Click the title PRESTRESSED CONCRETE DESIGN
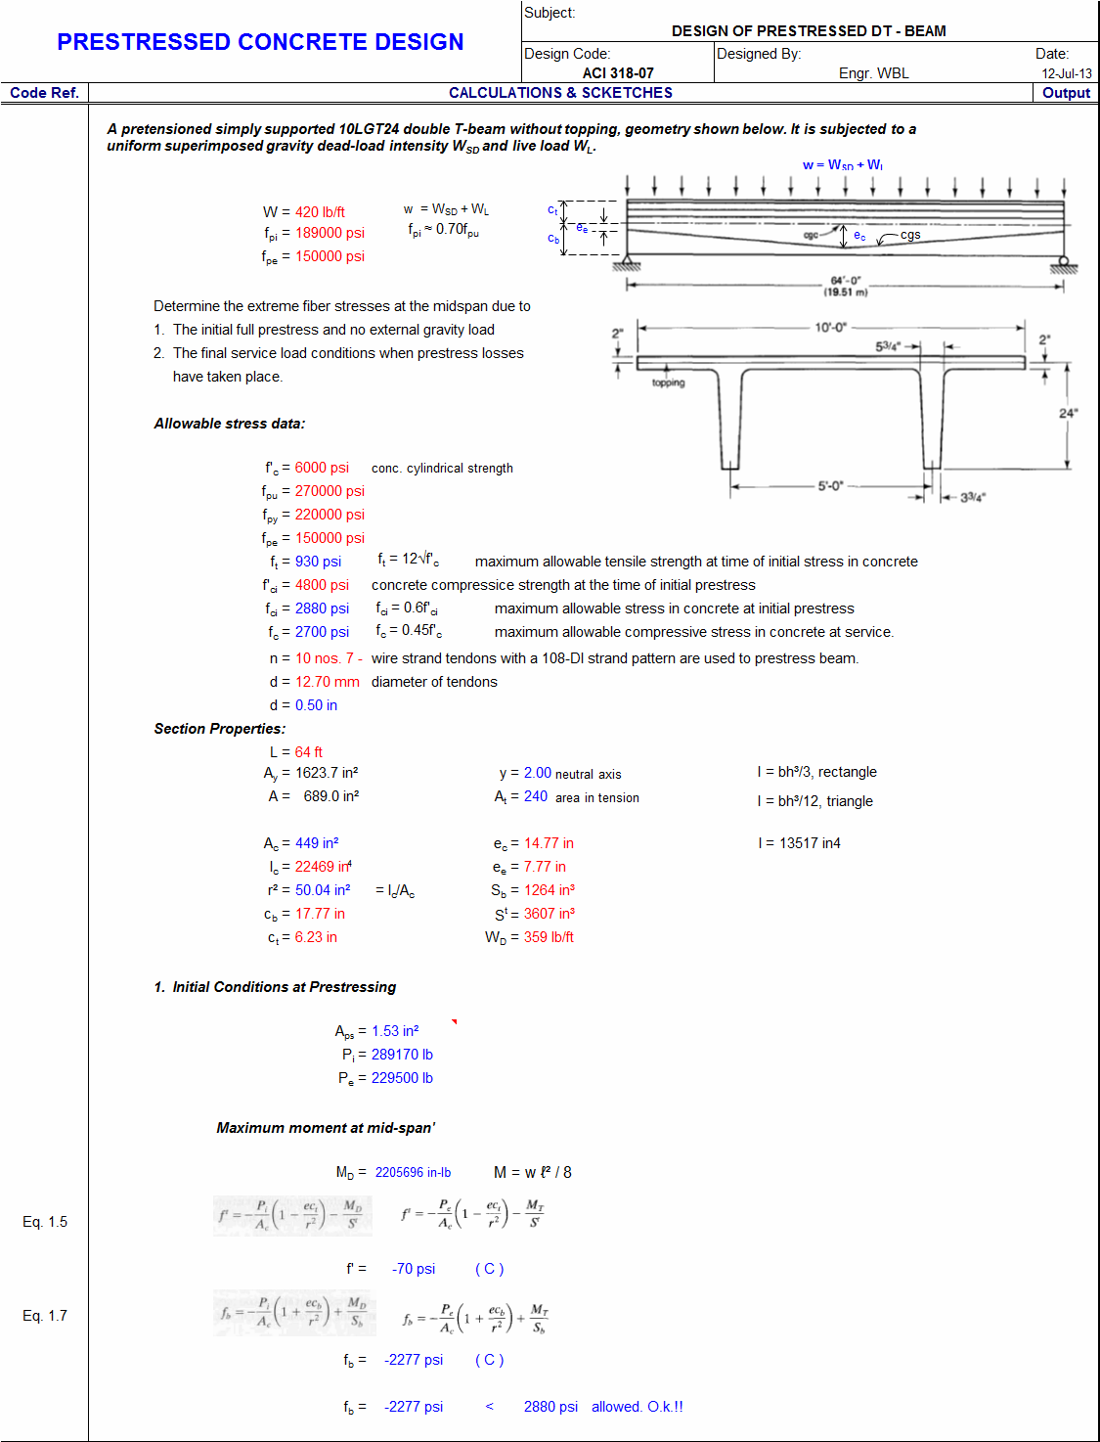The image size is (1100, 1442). [260, 42]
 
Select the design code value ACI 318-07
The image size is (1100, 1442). [618, 73]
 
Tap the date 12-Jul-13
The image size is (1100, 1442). [1066, 73]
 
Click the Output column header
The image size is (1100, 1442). [1066, 93]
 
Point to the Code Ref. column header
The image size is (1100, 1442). [44, 93]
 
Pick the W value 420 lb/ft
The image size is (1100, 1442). [320, 212]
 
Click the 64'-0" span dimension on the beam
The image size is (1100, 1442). [845, 282]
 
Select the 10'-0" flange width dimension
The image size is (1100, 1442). [830, 328]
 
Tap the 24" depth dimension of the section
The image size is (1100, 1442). [1068, 414]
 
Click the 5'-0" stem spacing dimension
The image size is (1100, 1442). [830, 486]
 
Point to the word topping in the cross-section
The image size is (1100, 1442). [669, 383]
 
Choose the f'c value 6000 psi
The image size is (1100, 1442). [322, 469]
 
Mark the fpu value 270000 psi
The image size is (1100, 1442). [330, 491]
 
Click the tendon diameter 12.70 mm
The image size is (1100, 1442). [327, 682]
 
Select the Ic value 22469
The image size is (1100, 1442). [315, 867]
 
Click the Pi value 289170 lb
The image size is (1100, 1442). [402, 1055]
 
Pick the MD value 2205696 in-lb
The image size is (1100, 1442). [413, 1173]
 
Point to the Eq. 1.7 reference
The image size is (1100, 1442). [45, 1316]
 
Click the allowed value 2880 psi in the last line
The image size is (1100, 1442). [550, 1407]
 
